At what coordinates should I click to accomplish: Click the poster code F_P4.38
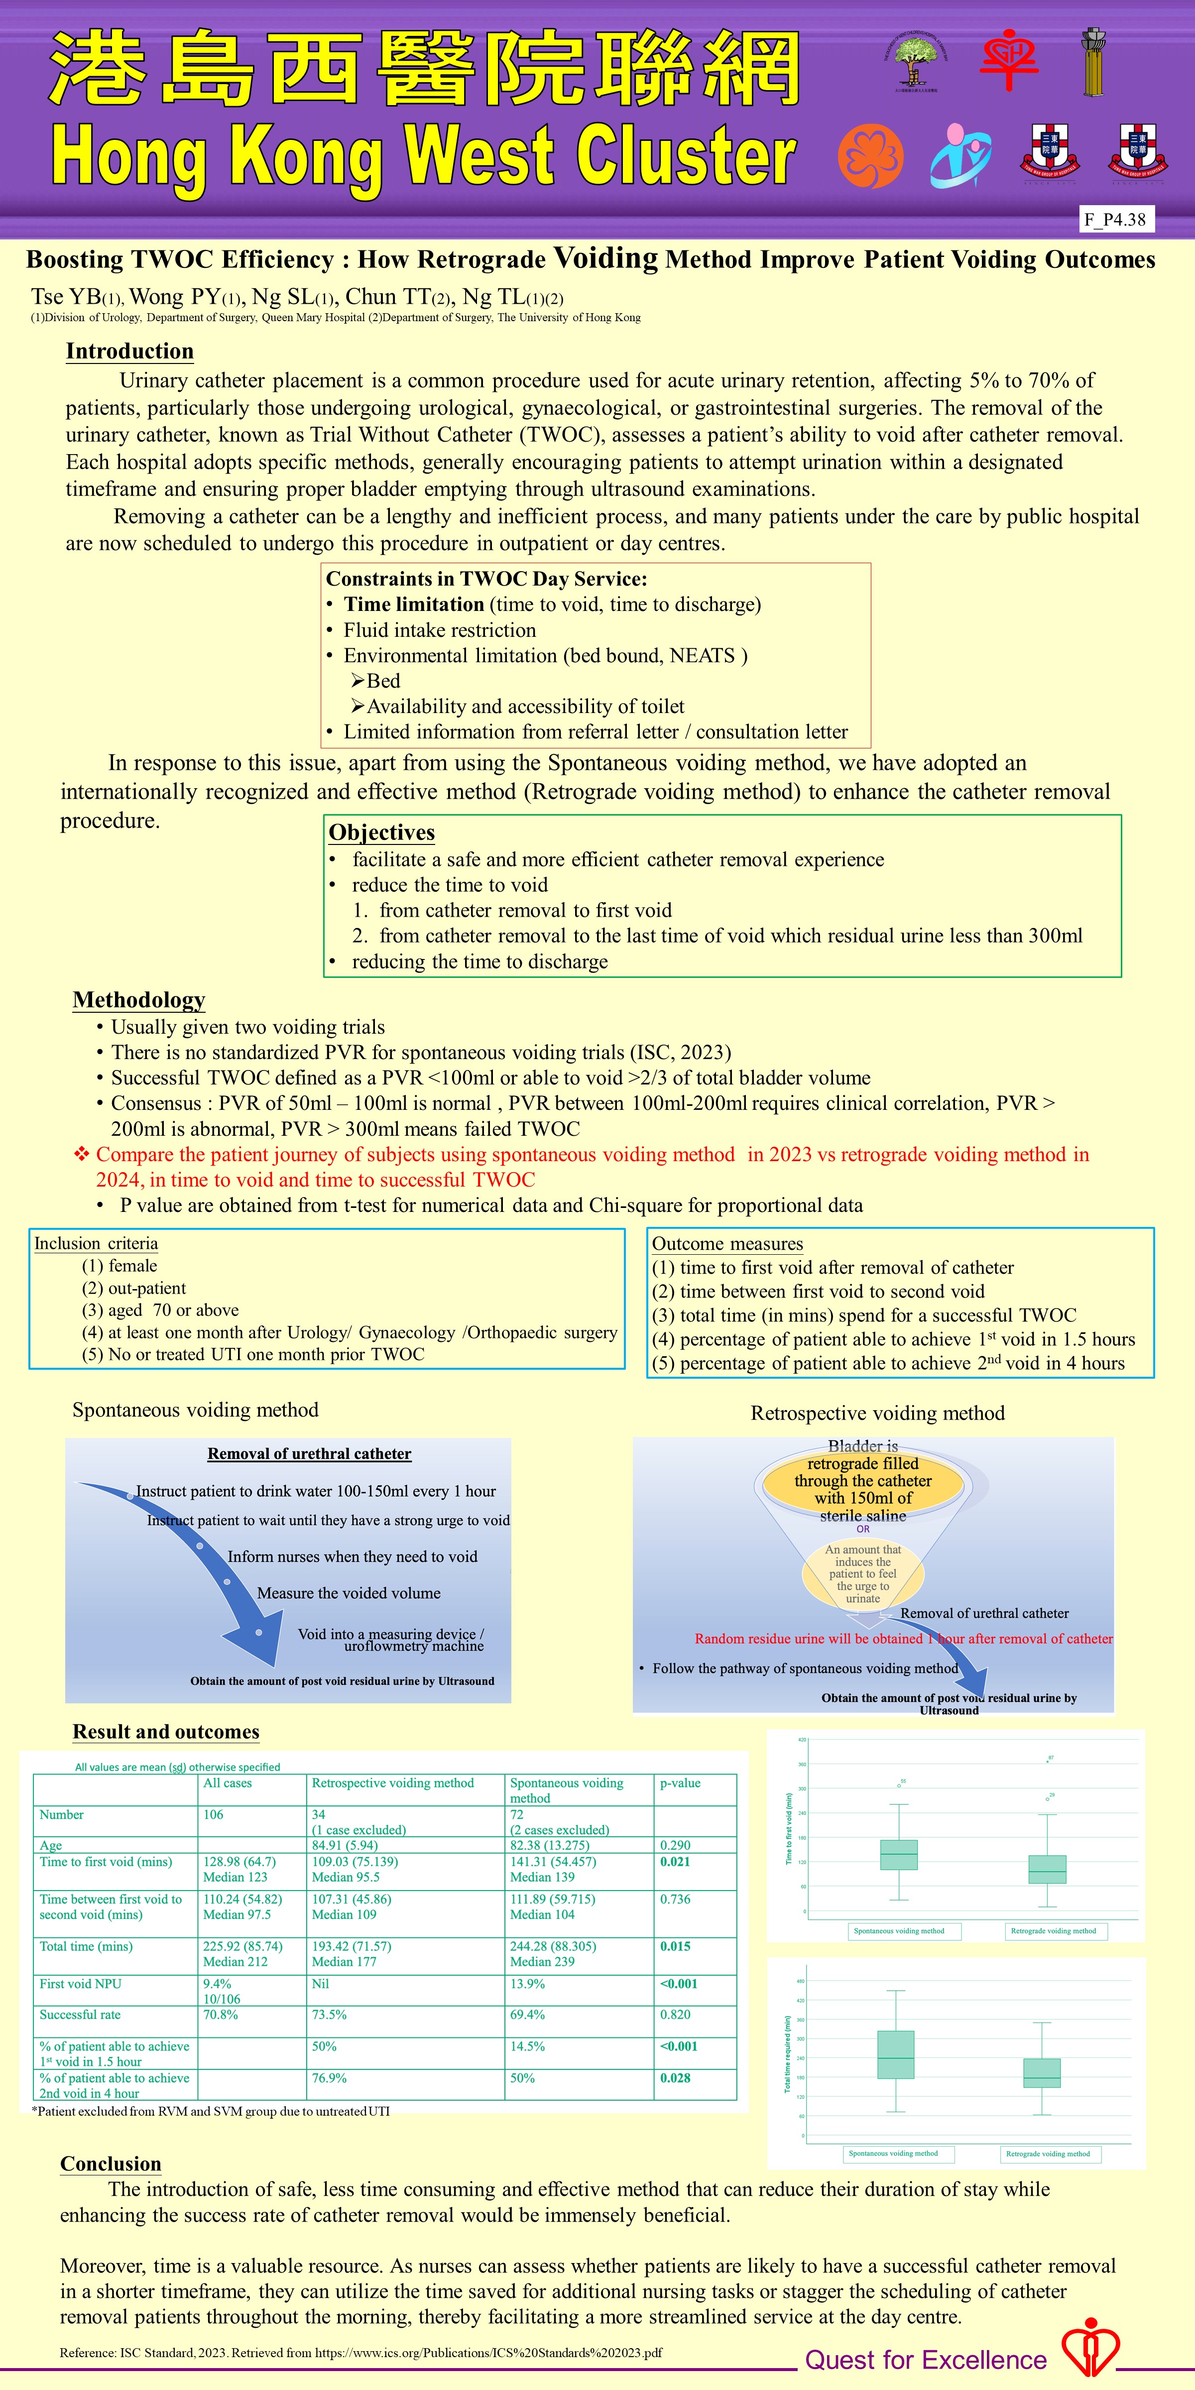(1114, 220)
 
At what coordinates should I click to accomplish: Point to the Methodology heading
(139, 1000)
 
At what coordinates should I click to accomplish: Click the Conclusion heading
(111, 2163)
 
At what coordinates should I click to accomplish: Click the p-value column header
(680, 1783)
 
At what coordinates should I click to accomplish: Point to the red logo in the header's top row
(1009, 58)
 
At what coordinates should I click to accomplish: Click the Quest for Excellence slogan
(926, 2360)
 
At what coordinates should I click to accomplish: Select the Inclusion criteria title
(97, 1243)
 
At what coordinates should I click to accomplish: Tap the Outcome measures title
(727, 1244)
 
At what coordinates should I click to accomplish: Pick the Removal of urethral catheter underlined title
(309, 1454)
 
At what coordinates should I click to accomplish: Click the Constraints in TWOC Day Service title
(486, 579)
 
